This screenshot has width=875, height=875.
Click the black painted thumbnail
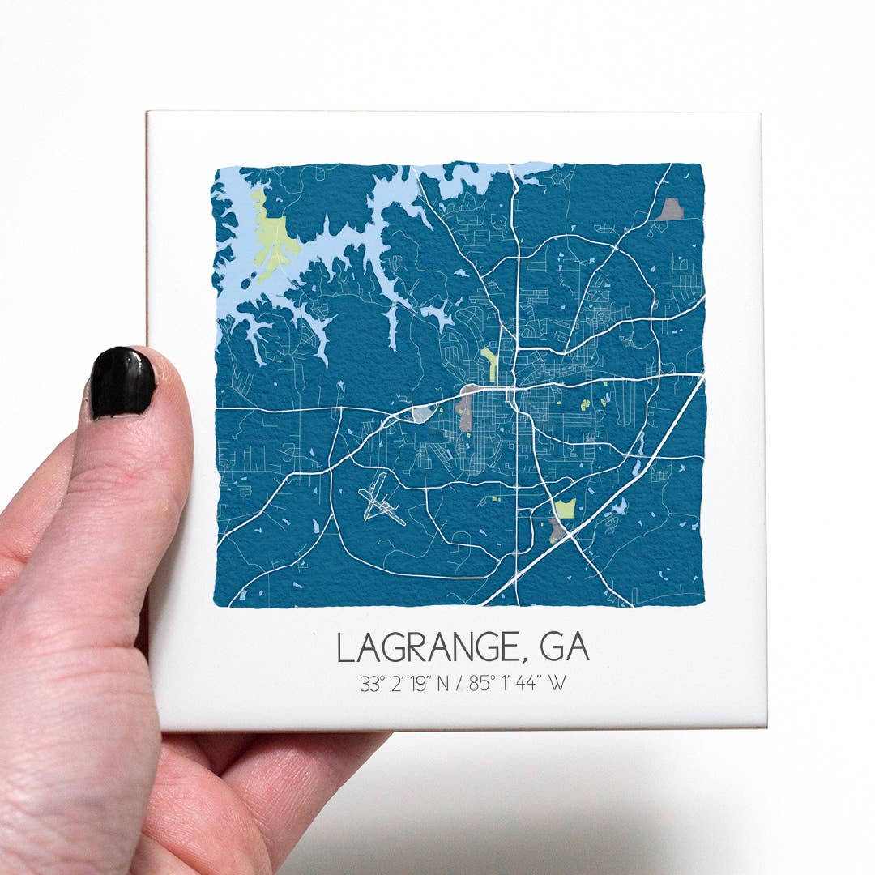point(122,382)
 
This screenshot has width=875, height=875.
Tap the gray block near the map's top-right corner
point(669,210)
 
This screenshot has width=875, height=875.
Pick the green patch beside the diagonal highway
point(566,509)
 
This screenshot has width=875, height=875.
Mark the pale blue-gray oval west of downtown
point(422,415)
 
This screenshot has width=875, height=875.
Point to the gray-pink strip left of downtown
point(465,409)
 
